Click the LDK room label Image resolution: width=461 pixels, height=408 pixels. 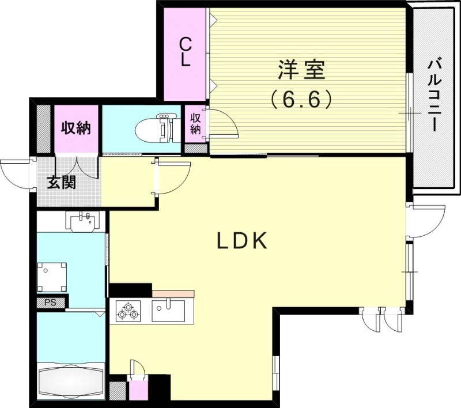[242, 241]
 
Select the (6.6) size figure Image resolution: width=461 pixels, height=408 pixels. [301, 100]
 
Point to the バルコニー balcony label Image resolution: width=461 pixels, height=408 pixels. [434, 95]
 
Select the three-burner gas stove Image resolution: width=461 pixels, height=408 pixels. [128, 311]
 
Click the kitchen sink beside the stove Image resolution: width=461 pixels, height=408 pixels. [168, 311]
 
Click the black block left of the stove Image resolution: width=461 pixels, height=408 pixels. [130, 290]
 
